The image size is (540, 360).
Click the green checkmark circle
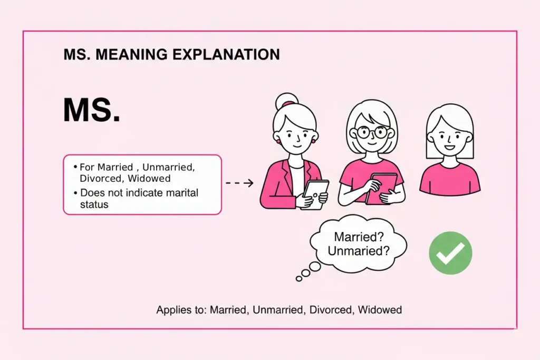tap(450, 253)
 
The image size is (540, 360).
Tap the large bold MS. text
tap(91, 111)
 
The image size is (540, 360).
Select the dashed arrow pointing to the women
tap(239, 183)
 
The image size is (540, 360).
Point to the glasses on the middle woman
tap(372, 131)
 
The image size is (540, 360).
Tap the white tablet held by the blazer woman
tap(315, 193)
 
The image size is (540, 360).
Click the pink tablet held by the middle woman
tap(380, 188)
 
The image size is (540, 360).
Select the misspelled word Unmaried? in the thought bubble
tap(359, 251)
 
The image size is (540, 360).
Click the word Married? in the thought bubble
tap(359, 237)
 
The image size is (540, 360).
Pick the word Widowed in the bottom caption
tap(380, 310)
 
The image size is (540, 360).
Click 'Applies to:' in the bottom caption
tap(181, 310)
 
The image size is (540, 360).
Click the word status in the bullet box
tap(94, 204)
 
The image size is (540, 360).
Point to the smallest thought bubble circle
tap(298, 278)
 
